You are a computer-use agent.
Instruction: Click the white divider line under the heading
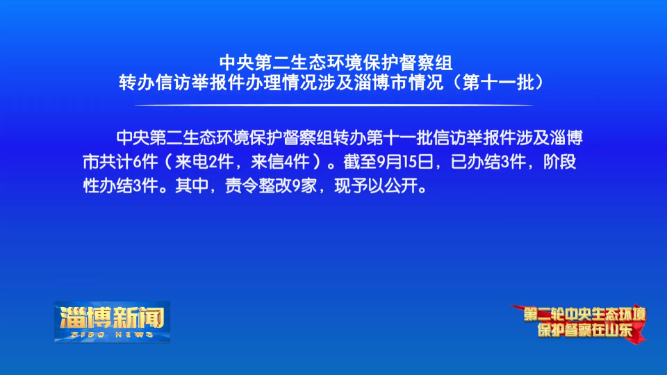pyautogui.click(x=333, y=105)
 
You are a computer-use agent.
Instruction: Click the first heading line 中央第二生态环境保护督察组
pyautogui.click(x=336, y=63)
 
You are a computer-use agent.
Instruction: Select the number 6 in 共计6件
pyautogui.click(x=137, y=162)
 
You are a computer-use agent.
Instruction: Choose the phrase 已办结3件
pyautogui.click(x=488, y=162)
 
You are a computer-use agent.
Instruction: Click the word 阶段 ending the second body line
pyautogui.click(x=560, y=162)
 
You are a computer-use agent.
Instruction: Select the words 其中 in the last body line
pyautogui.click(x=192, y=186)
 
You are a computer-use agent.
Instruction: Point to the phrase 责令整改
pyautogui.click(x=258, y=186)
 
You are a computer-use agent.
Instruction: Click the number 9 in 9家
pyautogui.click(x=296, y=186)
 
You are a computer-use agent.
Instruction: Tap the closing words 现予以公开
pyautogui.click(x=376, y=186)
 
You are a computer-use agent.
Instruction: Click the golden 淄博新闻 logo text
pyautogui.click(x=113, y=317)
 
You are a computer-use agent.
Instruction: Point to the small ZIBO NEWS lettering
pyautogui.click(x=113, y=335)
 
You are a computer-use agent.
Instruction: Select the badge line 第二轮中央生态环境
pyautogui.click(x=584, y=315)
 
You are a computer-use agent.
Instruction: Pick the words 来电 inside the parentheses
pyautogui.click(x=192, y=162)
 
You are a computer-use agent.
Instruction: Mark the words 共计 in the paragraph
pyautogui.click(x=116, y=162)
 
